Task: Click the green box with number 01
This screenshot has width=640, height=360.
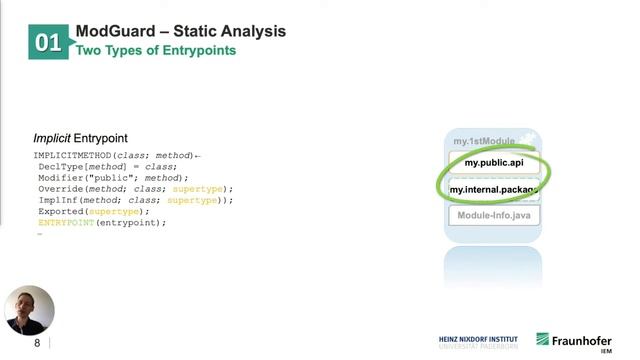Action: coord(48,42)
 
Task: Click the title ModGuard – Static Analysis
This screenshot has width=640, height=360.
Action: coord(180,31)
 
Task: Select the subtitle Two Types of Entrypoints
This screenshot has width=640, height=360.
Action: coord(156,50)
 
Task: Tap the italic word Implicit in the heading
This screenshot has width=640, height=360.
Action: coord(52,137)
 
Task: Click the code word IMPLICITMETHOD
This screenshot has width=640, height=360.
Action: coord(72,156)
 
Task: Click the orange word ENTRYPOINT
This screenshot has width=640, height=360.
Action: coord(66,222)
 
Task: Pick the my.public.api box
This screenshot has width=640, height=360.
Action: coord(494,162)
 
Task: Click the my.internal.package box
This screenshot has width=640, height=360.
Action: coord(494,189)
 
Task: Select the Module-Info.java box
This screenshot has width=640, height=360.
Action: coord(494,215)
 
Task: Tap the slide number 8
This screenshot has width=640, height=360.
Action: coord(38,343)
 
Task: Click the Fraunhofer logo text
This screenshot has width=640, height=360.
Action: coord(582,339)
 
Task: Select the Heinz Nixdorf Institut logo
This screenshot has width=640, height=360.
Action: coord(478,342)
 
